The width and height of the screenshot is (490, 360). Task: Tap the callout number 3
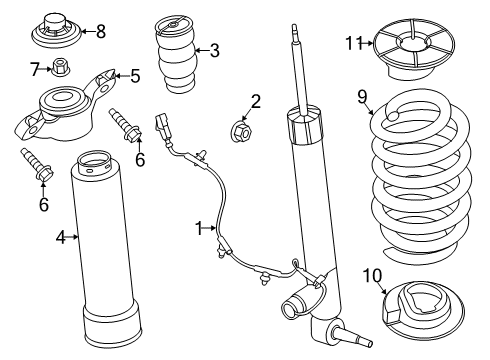click(215, 50)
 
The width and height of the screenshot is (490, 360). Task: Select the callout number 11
click(351, 42)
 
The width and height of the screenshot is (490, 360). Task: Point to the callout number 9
click(363, 97)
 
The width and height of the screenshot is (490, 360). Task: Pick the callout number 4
click(61, 237)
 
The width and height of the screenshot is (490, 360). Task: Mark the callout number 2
click(257, 100)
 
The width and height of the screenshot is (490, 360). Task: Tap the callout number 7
click(34, 69)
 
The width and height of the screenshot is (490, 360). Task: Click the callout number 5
click(136, 75)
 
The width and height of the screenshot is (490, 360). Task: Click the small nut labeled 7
click(61, 69)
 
